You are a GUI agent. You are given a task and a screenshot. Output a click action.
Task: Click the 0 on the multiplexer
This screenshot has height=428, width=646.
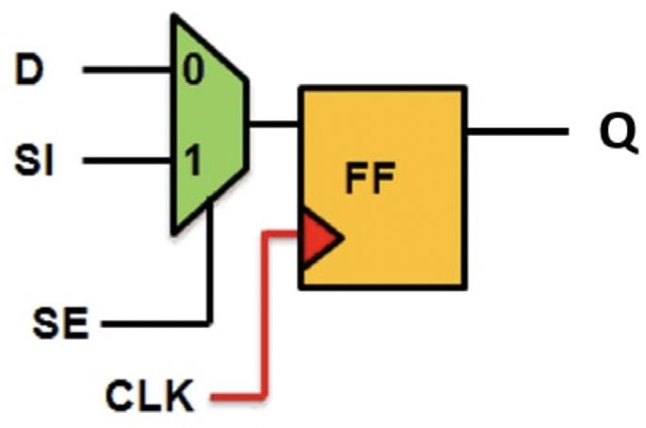click(192, 72)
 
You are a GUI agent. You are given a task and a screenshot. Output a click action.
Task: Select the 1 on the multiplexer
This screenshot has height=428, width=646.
click(191, 162)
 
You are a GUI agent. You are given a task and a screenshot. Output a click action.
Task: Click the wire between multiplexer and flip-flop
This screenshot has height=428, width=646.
click(273, 123)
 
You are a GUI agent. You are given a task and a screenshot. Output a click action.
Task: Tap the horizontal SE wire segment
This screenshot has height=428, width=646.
click(156, 325)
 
